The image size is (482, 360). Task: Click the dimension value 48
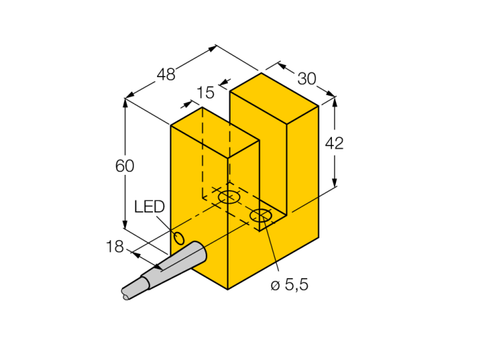tap(166, 74)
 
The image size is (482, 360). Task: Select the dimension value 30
tap(307, 78)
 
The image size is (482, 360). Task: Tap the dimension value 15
tap(205, 92)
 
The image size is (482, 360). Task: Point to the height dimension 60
tap(125, 166)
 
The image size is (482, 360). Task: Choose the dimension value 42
tap(334, 143)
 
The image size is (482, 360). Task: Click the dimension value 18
tap(115, 246)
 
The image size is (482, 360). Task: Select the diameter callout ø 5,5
tap(289, 285)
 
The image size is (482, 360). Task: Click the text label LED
tap(149, 207)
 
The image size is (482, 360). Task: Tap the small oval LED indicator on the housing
tap(179, 238)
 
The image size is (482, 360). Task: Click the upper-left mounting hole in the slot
tap(229, 197)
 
